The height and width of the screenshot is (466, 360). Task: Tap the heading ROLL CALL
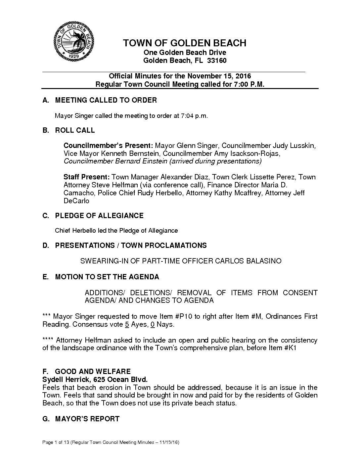[75, 130]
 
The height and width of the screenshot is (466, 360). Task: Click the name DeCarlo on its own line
[76, 201]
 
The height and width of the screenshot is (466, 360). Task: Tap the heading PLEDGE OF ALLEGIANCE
[99, 216]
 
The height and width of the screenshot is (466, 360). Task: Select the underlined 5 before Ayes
[127, 324]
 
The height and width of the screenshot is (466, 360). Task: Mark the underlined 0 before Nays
[153, 324]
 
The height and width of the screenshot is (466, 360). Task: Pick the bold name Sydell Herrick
[65, 379]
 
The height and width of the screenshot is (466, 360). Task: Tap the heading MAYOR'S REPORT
[87, 419]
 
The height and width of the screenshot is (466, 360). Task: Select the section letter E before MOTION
[45, 277]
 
